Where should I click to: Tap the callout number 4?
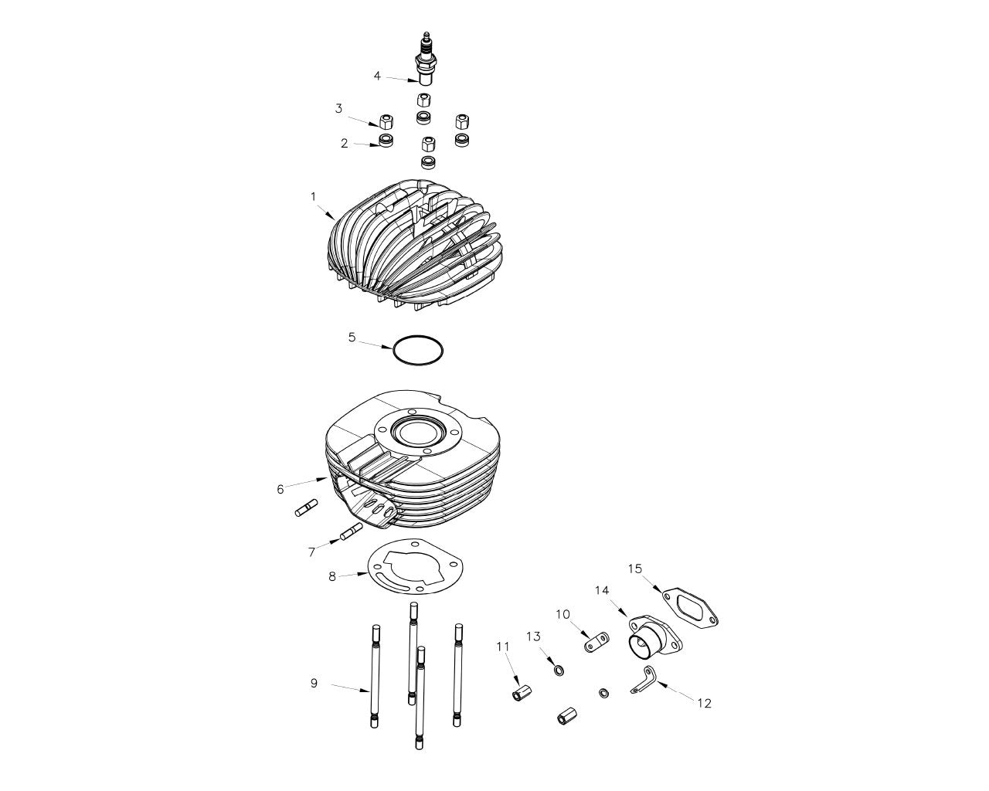[377, 76]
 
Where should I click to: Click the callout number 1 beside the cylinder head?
[314, 197]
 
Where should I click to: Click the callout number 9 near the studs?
[314, 683]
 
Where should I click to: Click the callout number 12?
[704, 703]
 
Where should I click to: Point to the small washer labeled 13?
[559, 671]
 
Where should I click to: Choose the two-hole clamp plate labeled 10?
[596, 642]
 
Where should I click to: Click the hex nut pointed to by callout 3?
[386, 122]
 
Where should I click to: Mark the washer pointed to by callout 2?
[386, 140]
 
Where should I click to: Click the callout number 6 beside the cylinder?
[280, 490]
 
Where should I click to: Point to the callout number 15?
[634, 569]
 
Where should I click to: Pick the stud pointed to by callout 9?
[376, 676]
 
